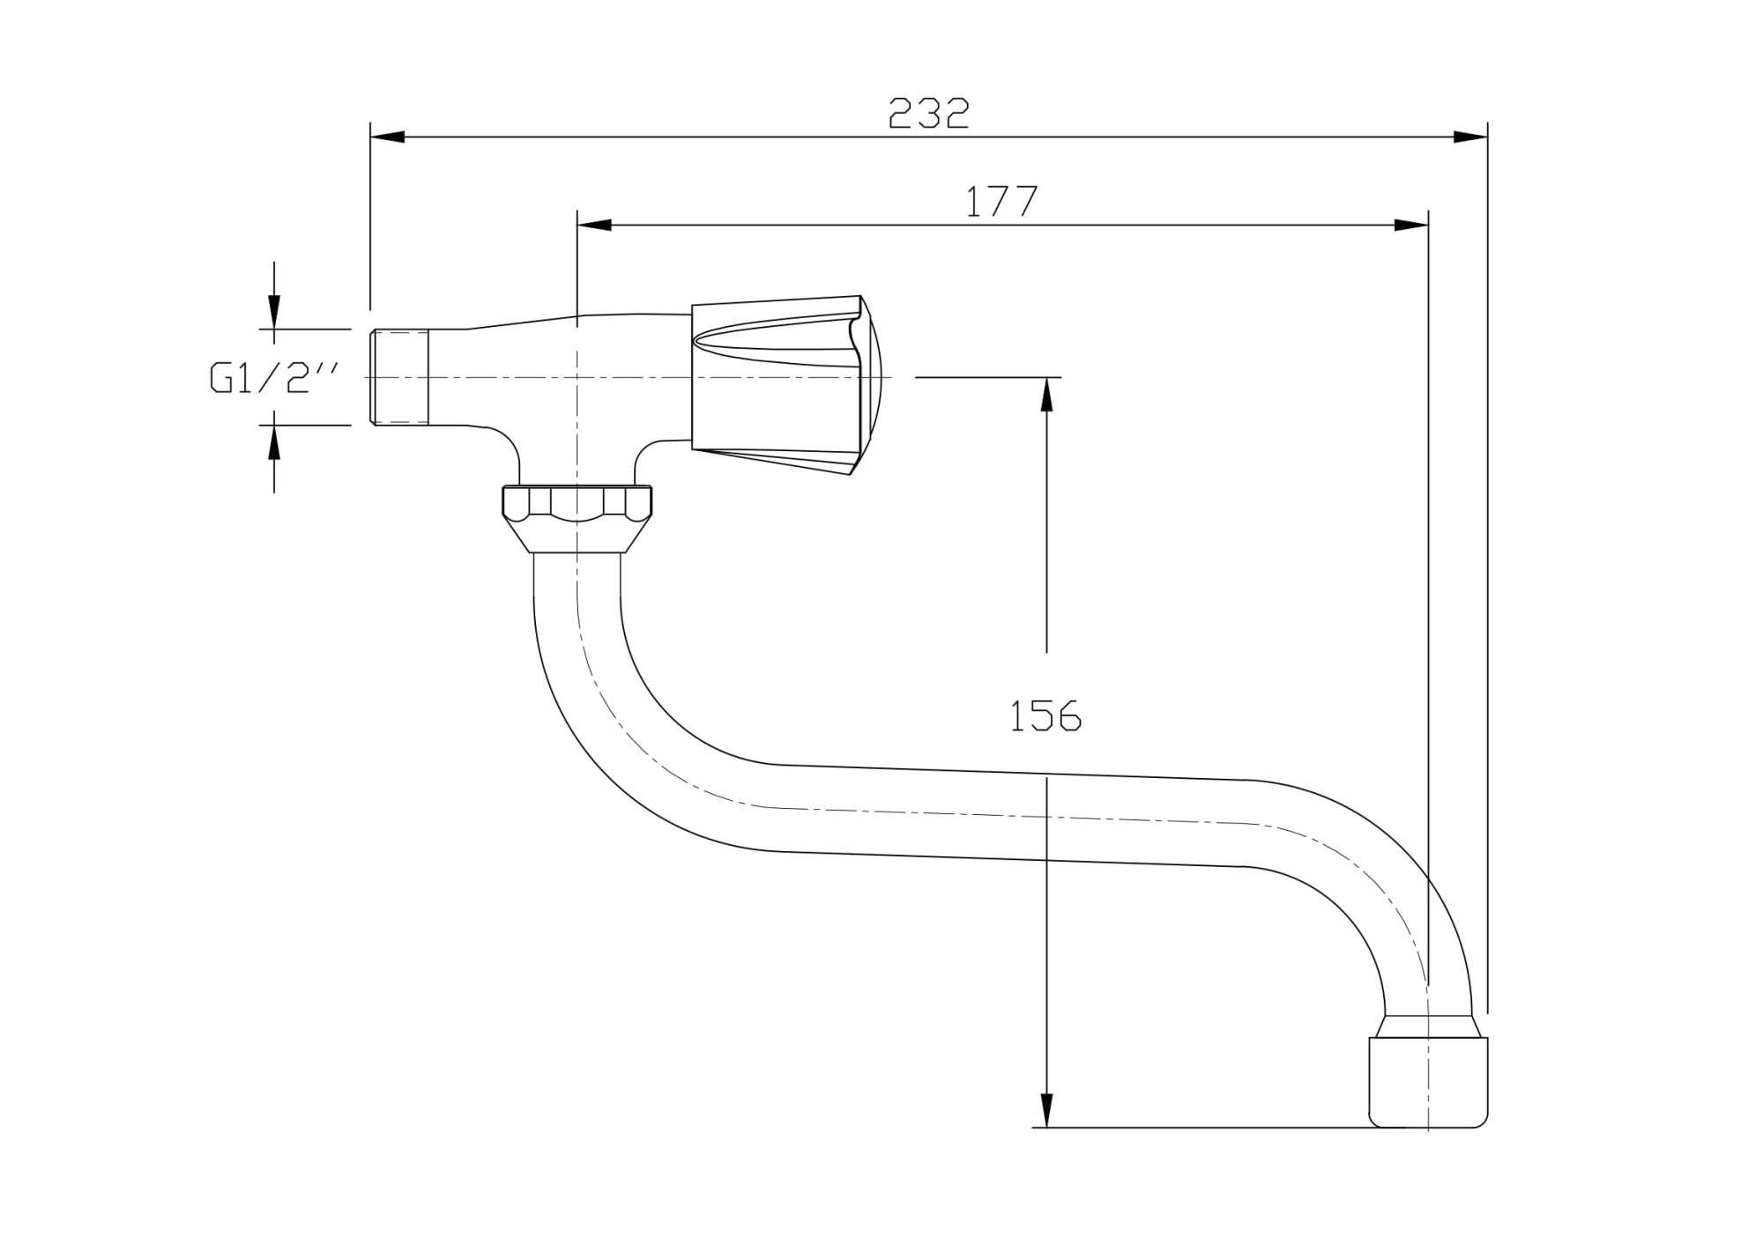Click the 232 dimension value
tap(928, 114)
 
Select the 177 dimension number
tap(1002, 203)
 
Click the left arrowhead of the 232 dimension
tap(388, 137)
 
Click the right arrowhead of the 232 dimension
tap(1469, 137)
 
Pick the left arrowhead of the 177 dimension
tap(595, 226)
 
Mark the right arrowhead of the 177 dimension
tap(1410, 226)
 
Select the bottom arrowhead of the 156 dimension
tap(1046, 1109)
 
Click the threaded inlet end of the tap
tap(398, 378)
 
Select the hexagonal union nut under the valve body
tap(577, 515)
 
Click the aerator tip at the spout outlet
tap(1428, 1082)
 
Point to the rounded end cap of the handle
tap(871, 379)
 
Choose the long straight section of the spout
tap(1014, 815)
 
